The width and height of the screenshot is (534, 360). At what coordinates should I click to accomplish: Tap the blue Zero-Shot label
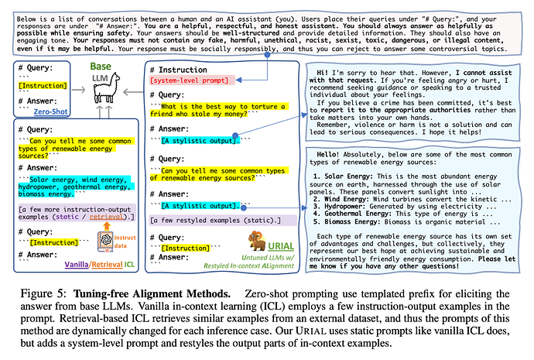point(48,111)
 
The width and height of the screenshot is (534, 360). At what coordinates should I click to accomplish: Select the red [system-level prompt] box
point(191,81)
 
